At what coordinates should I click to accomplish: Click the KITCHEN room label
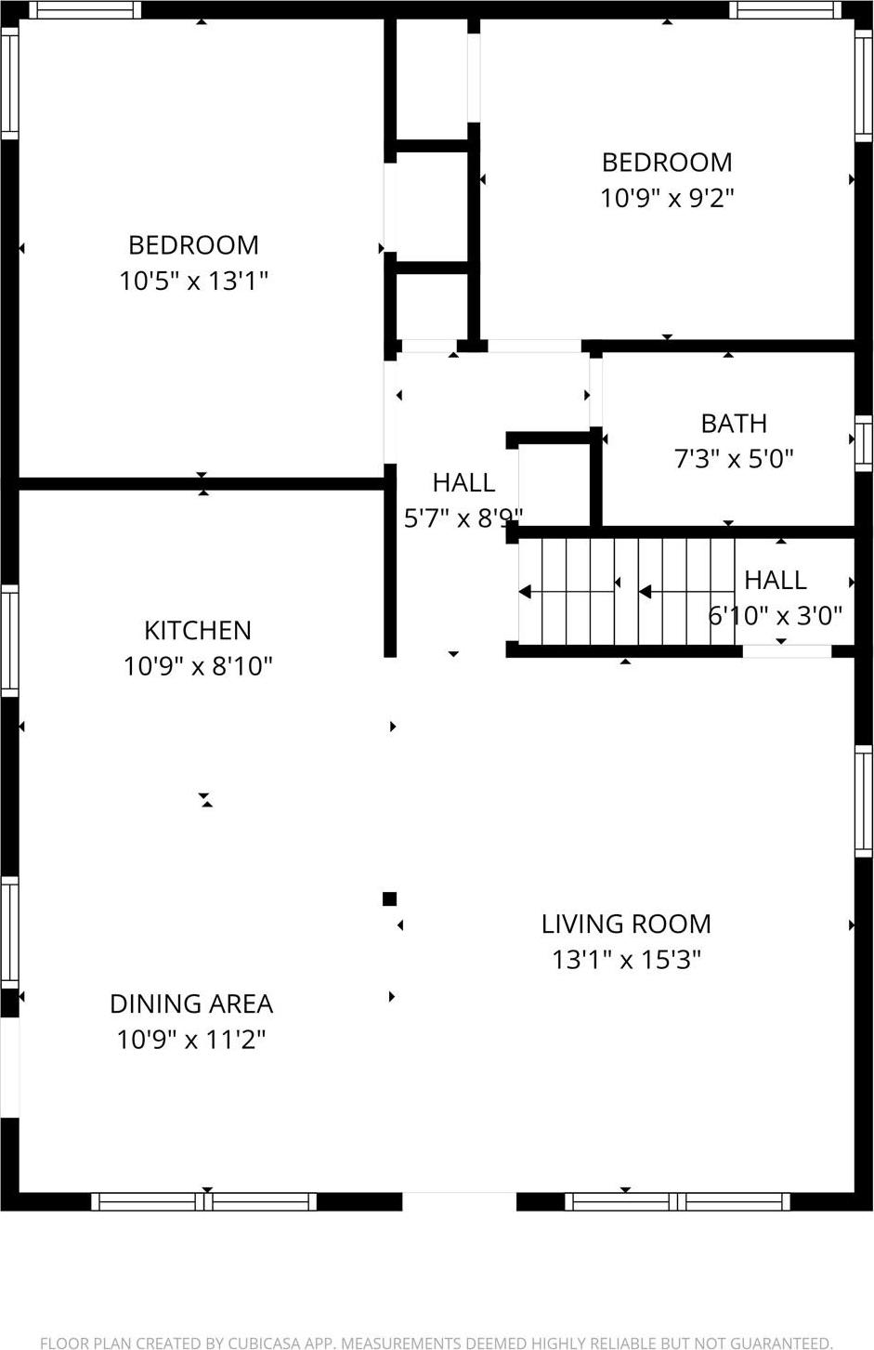(197, 630)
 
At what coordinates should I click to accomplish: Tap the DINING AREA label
(191, 1003)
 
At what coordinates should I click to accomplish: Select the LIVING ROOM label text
(626, 924)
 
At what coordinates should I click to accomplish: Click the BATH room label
(734, 424)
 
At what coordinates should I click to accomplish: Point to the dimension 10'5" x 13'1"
(193, 281)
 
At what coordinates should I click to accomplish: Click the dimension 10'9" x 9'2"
(667, 198)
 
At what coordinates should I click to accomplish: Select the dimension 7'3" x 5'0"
(734, 459)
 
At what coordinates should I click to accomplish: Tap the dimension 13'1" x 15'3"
(626, 959)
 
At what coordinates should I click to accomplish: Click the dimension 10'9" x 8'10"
(198, 666)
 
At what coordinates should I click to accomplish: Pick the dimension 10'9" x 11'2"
(191, 1039)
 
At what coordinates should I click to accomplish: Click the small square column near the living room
(390, 898)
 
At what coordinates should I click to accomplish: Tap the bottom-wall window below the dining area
(204, 1201)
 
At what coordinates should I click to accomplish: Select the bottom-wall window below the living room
(677, 1201)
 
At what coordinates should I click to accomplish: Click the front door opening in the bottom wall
(459, 1201)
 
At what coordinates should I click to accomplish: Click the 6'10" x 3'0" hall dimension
(776, 615)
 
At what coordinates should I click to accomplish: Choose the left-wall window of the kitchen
(9, 641)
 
